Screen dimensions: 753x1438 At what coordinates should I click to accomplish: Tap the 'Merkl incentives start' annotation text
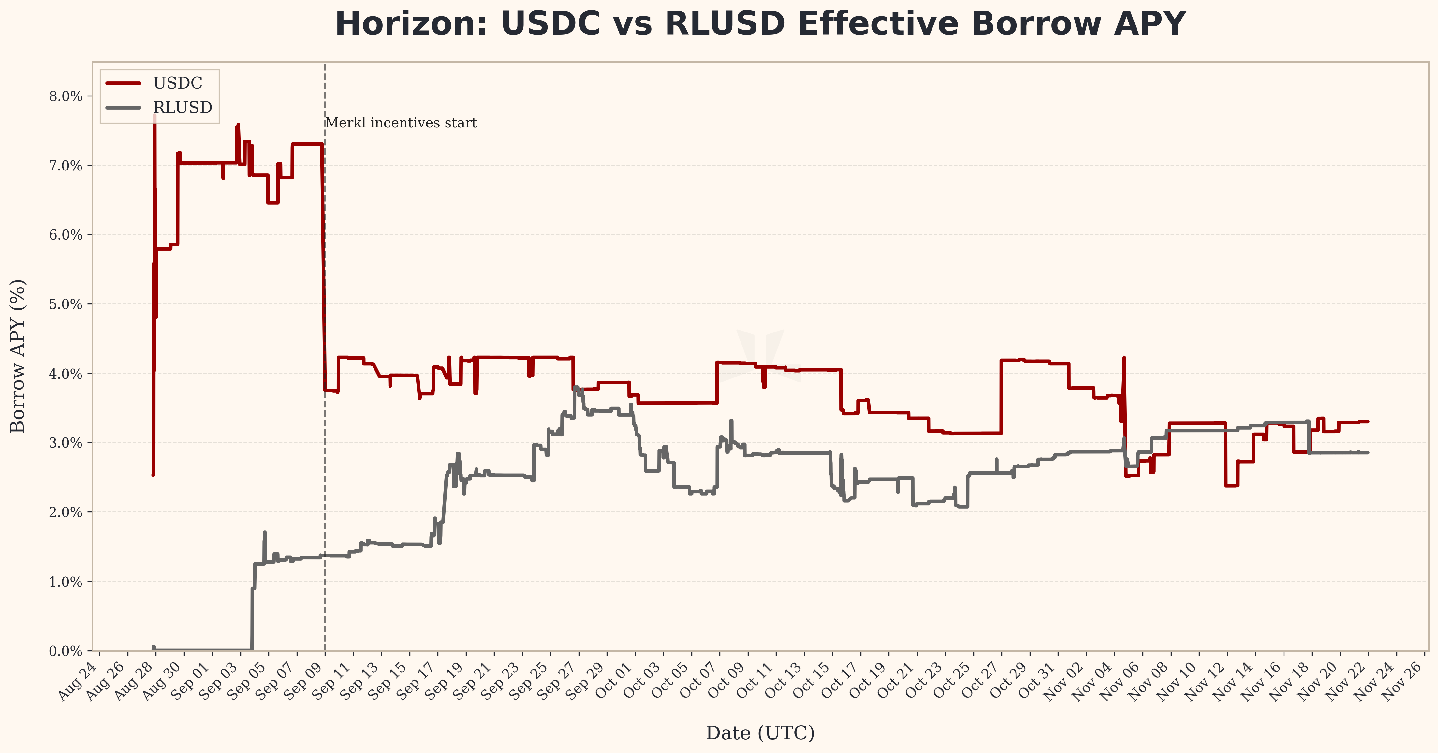(x=401, y=123)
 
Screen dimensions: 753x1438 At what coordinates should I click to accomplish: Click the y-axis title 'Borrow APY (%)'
(x=18, y=356)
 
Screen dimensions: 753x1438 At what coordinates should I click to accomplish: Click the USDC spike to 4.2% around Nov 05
(x=1124, y=358)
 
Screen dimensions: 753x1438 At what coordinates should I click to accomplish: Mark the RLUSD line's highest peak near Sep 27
(x=576, y=387)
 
